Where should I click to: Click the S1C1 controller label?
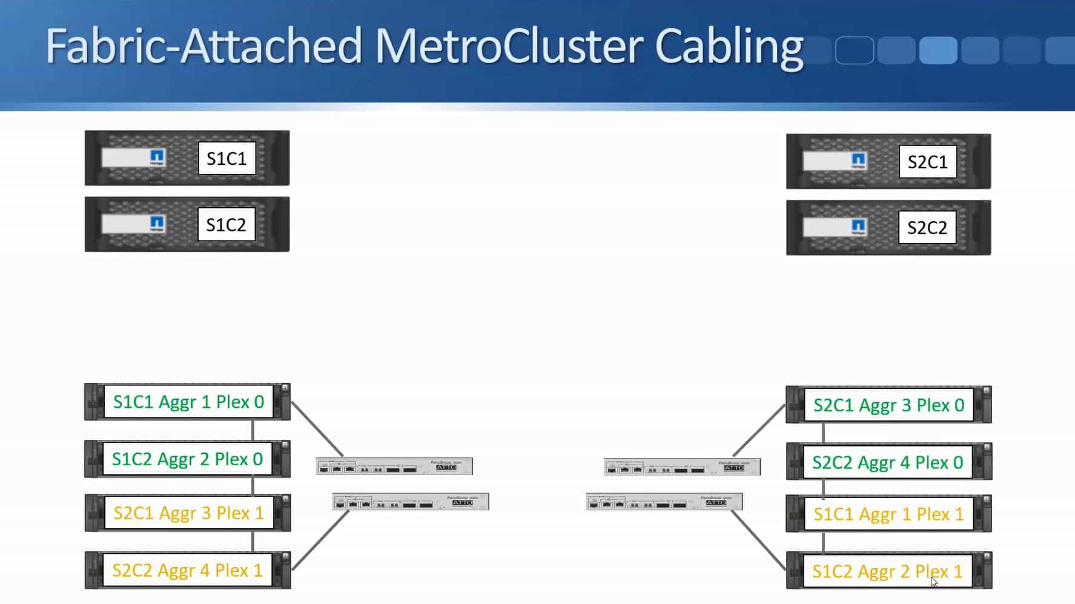(x=227, y=159)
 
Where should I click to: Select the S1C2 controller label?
(x=227, y=225)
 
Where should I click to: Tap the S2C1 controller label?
(x=927, y=162)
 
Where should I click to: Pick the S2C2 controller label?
(x=927, y=228)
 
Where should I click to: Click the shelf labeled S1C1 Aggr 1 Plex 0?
(x=188, y=402)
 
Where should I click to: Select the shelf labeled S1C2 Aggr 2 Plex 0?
(x=187, y=459)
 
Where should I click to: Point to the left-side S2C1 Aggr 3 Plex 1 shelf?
(x=188, y=513)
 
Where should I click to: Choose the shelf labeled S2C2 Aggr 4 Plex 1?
(x=187, y=571)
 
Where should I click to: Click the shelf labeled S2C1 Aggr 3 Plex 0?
(x=888, y=405)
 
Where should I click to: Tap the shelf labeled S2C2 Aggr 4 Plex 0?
(x=887, y=463)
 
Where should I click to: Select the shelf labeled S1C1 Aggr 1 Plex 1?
(x=888, y=514)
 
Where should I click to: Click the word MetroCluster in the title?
(x=508, y=46)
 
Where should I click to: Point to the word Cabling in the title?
(x=729, y=47)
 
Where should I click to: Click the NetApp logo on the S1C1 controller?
(x=157, y=158)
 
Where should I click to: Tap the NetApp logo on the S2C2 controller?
(x=858, y=227)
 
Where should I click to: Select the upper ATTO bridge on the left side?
(x=394, y=466)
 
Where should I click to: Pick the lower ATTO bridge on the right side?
(x=664, y=502)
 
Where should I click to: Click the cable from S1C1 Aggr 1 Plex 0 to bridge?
(x=317, y=429)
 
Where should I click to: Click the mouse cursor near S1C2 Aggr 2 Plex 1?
(x=934, y=582)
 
